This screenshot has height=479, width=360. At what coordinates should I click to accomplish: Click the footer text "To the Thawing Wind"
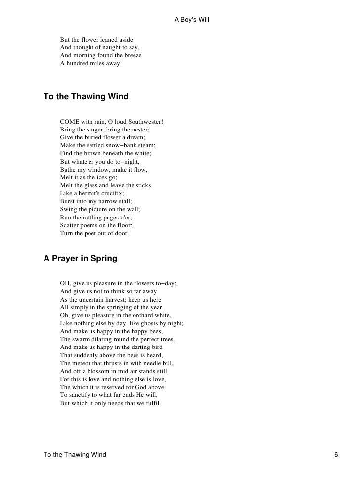click(75, 455)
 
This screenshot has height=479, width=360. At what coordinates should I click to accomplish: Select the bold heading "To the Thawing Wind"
click(86, 97)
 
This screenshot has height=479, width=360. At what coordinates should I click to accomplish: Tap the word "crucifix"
click(110, 193)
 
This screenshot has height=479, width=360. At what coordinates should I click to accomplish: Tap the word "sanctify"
click(81, 395)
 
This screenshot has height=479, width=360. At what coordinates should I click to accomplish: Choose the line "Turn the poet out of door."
click(94, 233)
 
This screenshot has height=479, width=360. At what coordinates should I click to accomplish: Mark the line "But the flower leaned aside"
click(96, 40)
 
